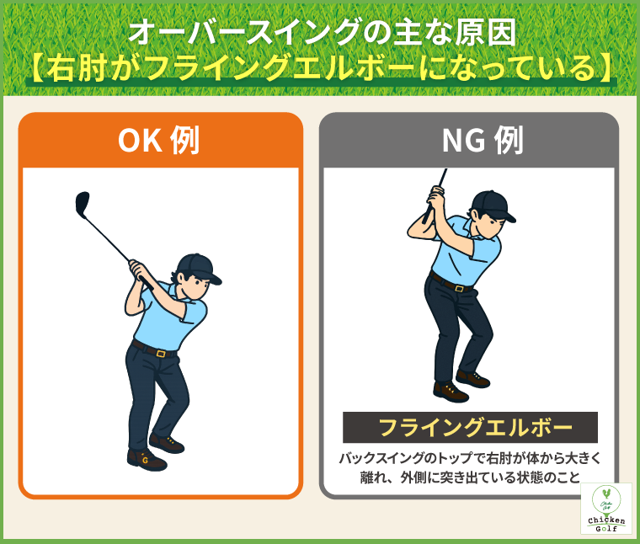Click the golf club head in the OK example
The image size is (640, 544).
[82, 204]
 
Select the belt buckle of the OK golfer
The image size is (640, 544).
[161, 354]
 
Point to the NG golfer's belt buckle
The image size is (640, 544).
[459, 289]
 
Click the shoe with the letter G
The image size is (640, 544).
[147, 459]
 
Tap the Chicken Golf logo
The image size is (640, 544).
[606, 509]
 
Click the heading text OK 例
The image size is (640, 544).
[159, 140]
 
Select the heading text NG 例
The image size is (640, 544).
[483, 140]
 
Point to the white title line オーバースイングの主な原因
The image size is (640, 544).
[323, 32]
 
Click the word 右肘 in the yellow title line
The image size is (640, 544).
[77, 67]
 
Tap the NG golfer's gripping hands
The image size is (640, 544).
[435, 199]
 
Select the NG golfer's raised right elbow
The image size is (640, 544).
[413, 232]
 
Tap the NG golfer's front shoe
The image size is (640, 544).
[451, 392]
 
